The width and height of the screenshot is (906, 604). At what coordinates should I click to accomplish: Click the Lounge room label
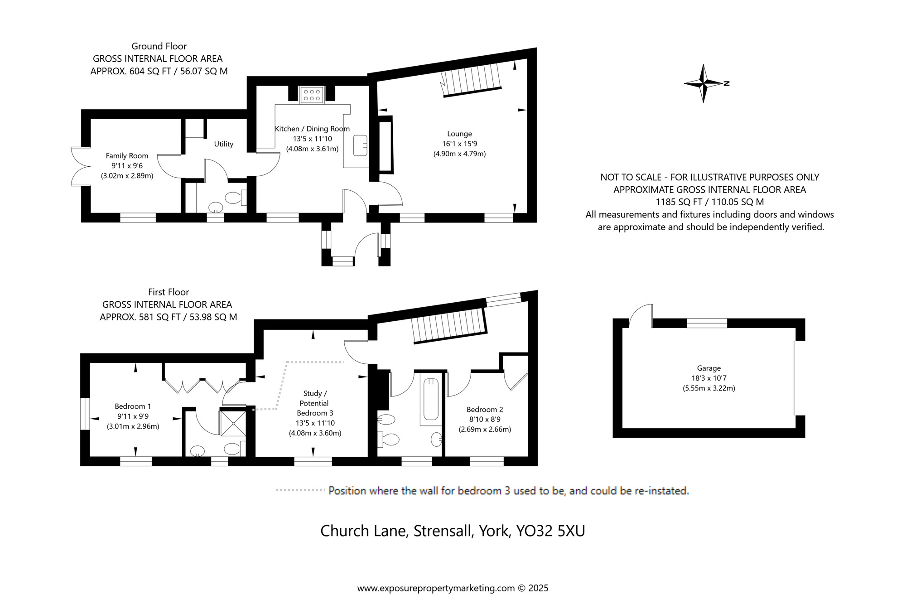[x=459, y=134]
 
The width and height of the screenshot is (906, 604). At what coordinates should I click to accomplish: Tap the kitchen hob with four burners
[x=312, y=95]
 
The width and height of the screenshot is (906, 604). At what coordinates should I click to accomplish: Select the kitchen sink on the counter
[x=361, y=145]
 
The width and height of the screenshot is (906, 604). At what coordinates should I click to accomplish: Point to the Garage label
[x=709, y=368]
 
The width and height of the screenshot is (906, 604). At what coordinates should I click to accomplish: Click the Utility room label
[x=224, y=144]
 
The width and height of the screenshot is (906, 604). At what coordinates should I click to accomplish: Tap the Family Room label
[x=127, y=156]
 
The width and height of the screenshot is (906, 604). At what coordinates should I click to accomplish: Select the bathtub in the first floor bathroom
[x=430, y=399]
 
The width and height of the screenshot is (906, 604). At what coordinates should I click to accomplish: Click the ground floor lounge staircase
[x=471, y=80]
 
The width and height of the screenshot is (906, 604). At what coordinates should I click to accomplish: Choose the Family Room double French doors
[x=81, y=166]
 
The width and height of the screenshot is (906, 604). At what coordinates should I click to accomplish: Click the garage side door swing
[x=641, y=315]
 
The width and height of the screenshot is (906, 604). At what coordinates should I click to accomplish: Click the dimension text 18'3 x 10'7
[x=709, y=378]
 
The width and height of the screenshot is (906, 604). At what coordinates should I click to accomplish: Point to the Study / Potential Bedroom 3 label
[x=314, y=403]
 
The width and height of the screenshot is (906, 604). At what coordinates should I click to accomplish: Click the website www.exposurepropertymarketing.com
[x=436, y=588]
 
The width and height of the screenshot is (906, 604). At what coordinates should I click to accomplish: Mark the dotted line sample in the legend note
[x=300, y=490]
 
